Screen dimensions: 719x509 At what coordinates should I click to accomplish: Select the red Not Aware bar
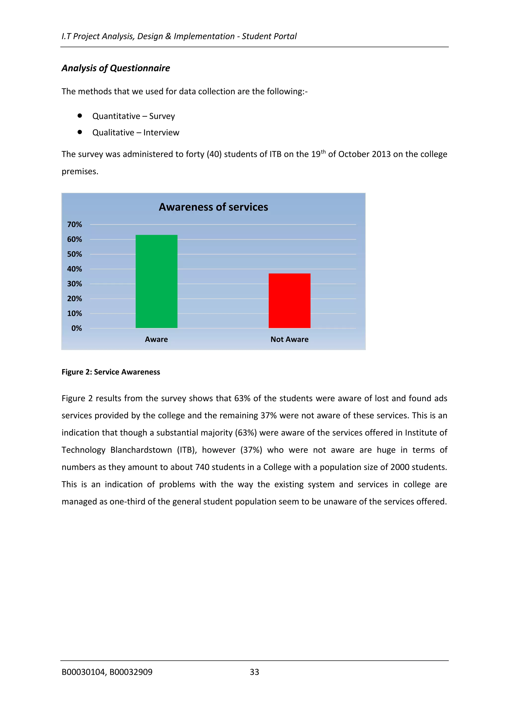(289, 301)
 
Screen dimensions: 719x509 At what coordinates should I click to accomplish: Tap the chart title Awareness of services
(213, 207)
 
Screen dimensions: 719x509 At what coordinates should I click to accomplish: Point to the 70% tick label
(74, 224)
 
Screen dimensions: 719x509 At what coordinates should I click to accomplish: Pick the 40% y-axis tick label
(74, 269)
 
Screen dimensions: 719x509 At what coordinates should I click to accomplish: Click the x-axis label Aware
(156, 339)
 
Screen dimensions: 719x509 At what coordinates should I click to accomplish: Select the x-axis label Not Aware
(289, 339)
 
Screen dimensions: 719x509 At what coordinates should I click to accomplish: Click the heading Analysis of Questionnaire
(116, 68)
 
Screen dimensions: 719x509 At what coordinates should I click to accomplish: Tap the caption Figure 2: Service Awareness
(111, 372)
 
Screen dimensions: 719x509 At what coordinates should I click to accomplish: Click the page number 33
(254, 672)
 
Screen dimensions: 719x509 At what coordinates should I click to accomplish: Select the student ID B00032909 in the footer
(131, 672)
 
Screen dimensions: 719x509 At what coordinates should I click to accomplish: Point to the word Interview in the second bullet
(161, 133)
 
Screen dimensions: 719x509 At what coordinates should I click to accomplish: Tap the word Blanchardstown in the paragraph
(141, 450)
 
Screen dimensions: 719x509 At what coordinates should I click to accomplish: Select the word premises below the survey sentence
(80, 172)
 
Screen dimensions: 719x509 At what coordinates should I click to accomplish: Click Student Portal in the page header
(269, 36)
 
